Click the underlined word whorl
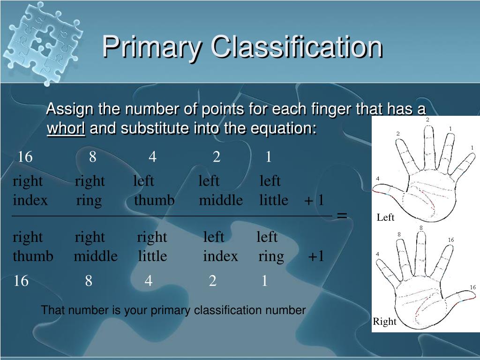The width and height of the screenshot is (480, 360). (x=66, y=128)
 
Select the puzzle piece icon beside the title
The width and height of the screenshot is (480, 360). (x=42, y=43)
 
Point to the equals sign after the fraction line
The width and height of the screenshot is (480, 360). (x=342, y=216)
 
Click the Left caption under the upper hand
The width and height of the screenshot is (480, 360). (x=385, y=217)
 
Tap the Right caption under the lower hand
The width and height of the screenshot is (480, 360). (x=384, y=322)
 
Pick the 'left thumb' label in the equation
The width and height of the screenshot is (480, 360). (x=154, y=190)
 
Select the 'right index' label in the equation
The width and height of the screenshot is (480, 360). (x=30, y=191)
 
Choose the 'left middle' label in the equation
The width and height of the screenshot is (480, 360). (x=221, y=190)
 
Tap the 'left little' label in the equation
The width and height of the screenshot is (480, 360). (x=274, y=190)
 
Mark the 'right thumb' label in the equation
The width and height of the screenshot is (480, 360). (x=33, y=247)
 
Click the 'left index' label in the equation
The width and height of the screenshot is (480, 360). (x=220, y=247)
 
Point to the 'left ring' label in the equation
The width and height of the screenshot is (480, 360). (x=270, y=247)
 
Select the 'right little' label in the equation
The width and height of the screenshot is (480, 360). (x=152, y=247)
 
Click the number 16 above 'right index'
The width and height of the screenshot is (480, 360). (x=25, y=157)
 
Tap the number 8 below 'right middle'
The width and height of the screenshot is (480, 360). (x=89, y=281)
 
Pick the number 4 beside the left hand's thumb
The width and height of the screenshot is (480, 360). (x=378, y=179)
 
